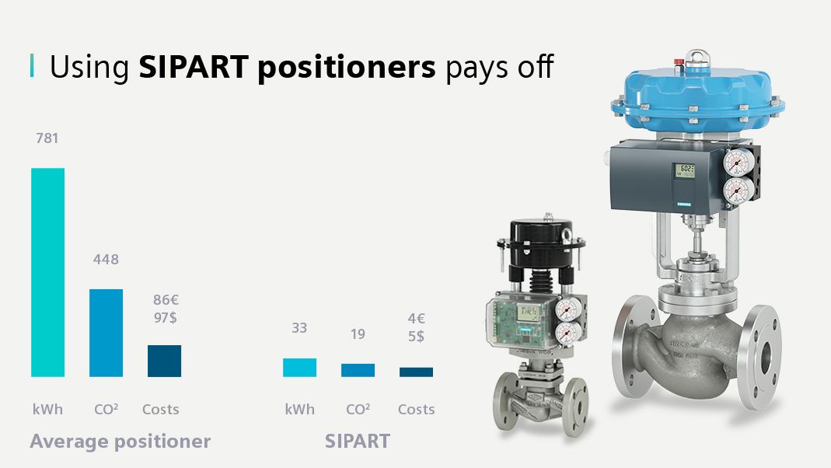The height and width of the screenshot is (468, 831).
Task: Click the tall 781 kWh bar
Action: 47,272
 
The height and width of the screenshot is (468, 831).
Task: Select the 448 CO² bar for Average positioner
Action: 106,333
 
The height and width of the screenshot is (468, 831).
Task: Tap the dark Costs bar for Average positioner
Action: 164,361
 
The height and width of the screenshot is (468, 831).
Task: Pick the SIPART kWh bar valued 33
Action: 299,367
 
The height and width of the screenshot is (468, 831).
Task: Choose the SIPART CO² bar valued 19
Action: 358,370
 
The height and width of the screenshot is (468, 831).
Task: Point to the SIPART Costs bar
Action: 416,372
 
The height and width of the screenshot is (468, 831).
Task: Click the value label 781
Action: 47,138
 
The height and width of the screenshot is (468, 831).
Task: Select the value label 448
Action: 106,260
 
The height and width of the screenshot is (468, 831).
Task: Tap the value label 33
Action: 299,328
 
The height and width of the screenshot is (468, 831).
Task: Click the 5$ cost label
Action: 416,336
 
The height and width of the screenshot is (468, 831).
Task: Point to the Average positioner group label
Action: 120,442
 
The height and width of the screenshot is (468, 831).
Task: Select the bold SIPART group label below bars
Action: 358,442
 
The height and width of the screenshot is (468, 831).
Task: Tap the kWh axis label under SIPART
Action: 299,410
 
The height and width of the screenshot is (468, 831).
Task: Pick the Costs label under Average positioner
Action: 161,410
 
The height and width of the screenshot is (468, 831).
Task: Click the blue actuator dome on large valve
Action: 683,101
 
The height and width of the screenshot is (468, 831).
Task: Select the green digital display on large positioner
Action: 686,170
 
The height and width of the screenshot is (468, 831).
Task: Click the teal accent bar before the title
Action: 32,66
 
